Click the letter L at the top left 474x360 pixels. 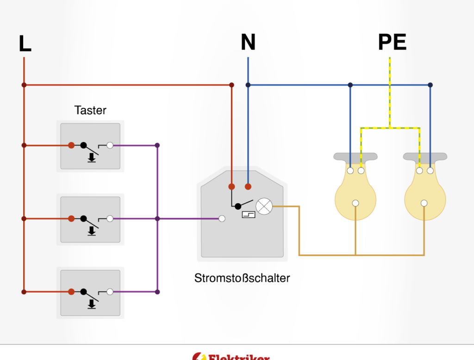[x=25, y=43]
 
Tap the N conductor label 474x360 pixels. [x=248, y=42]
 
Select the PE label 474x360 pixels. [x=392, y=42]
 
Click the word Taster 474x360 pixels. [x=90, y=110]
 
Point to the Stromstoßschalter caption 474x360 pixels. [x=242, y=278]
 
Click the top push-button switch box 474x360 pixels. [x=90, y=146]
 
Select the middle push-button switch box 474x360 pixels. [x=90, y=219]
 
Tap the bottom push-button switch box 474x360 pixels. [x=90, y=292]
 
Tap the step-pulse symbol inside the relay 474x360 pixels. [x=248, y=214]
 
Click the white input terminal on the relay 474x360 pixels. [x=222, y=218]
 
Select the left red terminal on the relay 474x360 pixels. [x=231, y=186]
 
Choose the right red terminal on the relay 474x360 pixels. [x=248, y=186]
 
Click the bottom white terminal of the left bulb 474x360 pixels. [x=355, y=203]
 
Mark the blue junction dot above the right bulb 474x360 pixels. [x=430, y=85]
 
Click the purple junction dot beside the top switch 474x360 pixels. [x=157, y=145]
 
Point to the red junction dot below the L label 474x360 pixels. [x=24, y=85]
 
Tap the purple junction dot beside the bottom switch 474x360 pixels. [x=157, y=292]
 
